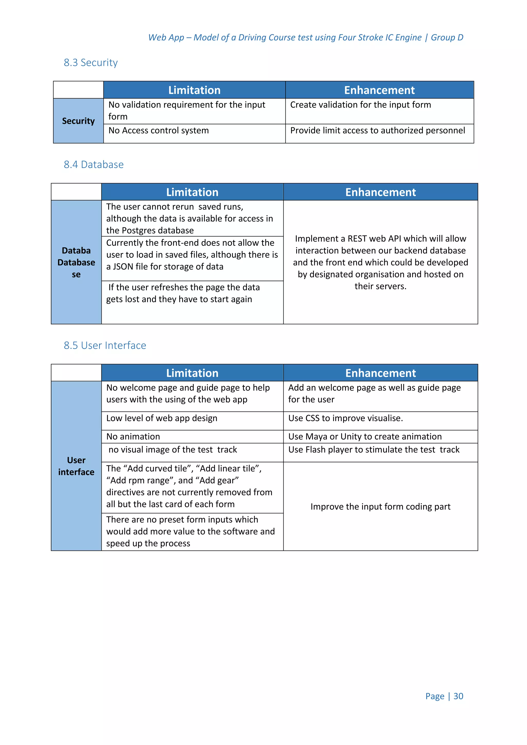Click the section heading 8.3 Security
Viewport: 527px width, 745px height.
pos(91,63)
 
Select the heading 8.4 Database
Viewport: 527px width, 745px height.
pos(93,164)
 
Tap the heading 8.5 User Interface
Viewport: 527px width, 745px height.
pos(104,345)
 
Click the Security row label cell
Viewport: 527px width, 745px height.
pos(78,121)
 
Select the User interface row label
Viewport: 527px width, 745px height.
pos(76,466)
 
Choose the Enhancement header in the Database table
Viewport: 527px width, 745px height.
pos(380,192)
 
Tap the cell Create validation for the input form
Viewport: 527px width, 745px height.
pos(360,105)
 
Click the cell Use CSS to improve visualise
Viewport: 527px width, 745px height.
pos(345,418)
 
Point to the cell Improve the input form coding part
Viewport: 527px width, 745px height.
pos(380,507)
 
